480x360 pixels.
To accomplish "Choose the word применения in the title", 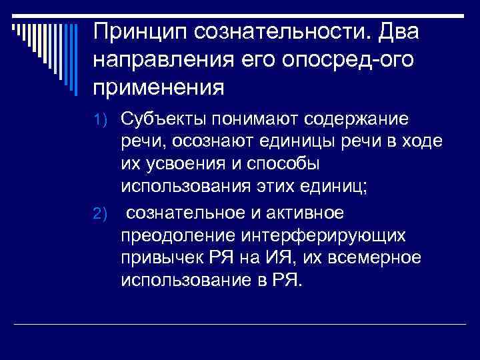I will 159,87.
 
